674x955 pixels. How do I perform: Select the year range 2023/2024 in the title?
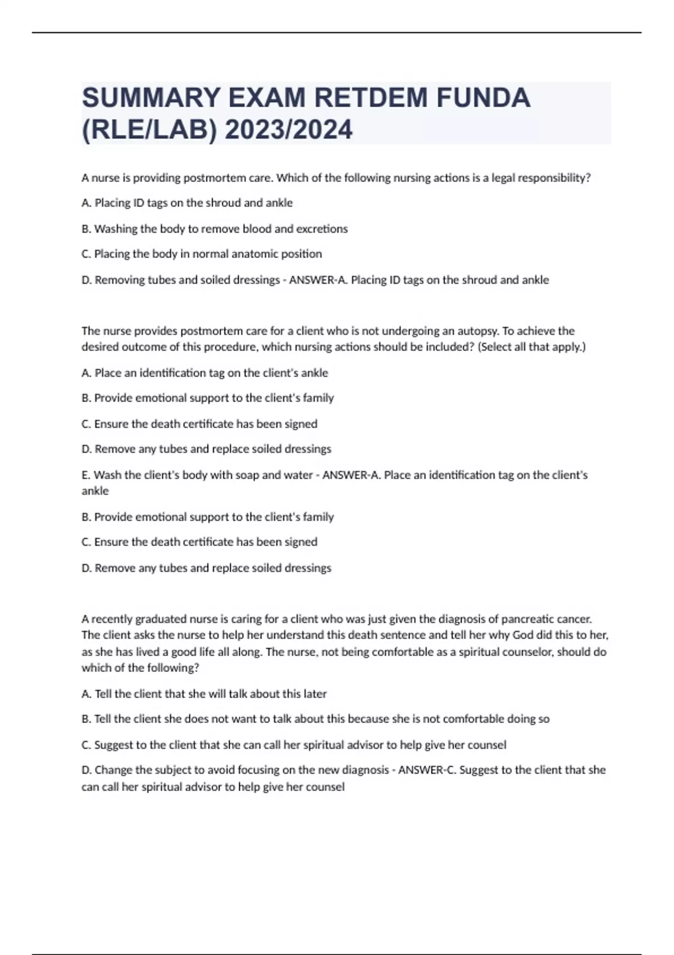coord(289,130)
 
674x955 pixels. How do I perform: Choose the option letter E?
coord(85,475)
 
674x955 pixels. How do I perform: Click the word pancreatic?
coord(527,619)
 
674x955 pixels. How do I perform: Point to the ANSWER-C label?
coord(427,770)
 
